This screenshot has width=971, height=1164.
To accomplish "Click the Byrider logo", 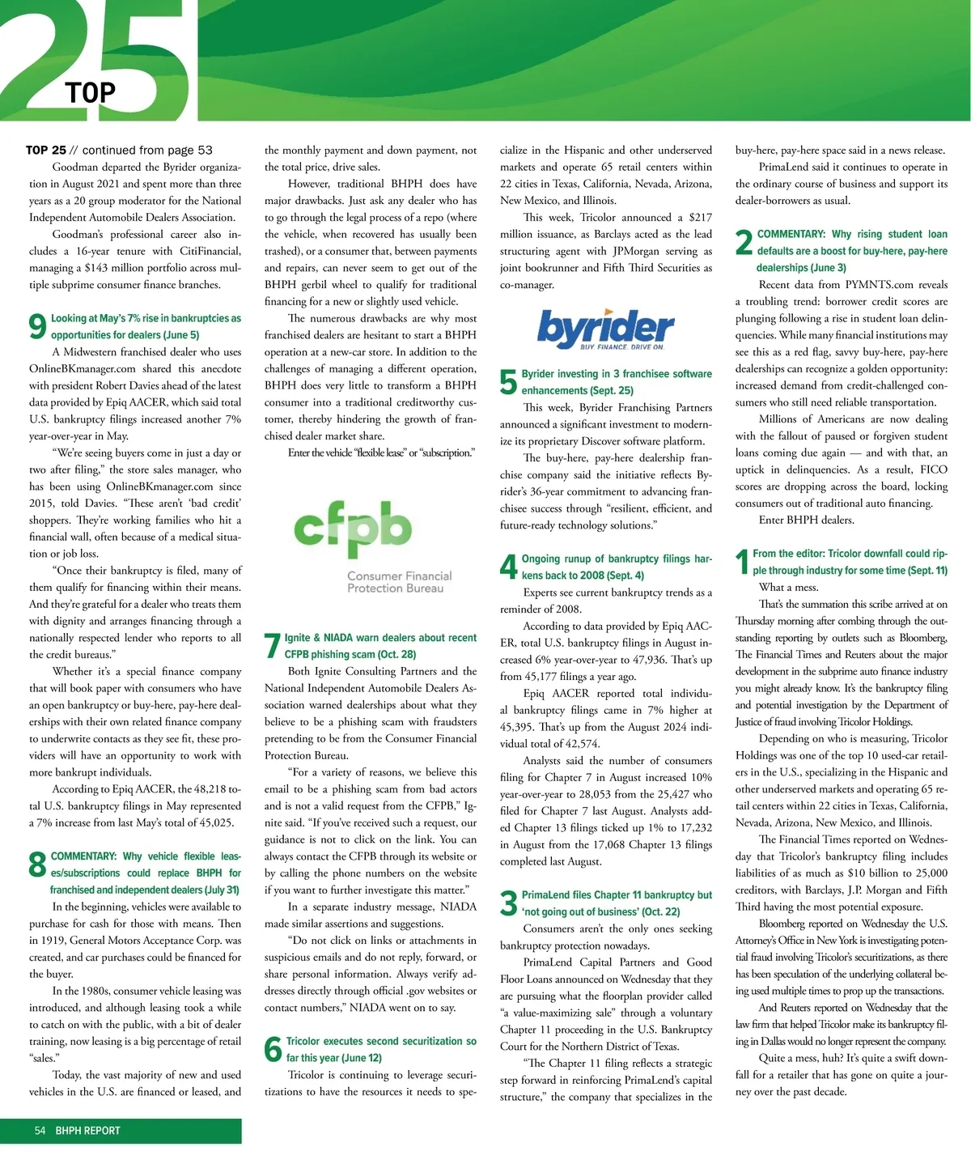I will (x=605, y=328).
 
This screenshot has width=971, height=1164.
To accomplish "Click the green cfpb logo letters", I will (x=352, y=527).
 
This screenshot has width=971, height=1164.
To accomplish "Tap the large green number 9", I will (x=37, y=326).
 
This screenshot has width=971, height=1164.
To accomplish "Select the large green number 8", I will (x=37, y=865).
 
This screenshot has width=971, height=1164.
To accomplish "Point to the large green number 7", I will (x=273, y=646).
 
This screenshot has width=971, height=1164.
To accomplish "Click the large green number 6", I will (x=273, y=1050).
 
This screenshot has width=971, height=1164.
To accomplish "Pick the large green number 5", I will (x=508, y=382).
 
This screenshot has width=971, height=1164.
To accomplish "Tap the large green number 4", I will (x=508, y=567).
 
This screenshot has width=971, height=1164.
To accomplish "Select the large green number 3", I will (x=508, y=903).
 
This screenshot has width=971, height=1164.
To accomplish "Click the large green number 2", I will (x=744, y=242).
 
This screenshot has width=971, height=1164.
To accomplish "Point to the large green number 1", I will (x=742, y=563).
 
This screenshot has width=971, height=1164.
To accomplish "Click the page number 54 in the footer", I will (x=40, y=1131).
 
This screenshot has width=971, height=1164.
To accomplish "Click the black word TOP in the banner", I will (x=91, y=93).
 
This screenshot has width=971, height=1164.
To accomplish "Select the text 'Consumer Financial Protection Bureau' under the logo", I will (x=399, y=582).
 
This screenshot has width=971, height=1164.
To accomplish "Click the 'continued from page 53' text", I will (x=147, y=150).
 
